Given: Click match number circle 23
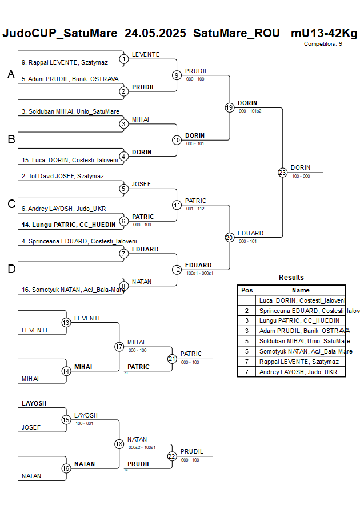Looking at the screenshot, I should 282,172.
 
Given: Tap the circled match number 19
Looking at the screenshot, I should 230,107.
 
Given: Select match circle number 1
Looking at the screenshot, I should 124,58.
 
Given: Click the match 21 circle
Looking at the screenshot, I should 172,358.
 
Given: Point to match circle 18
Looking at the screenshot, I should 119,444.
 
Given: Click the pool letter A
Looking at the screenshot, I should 11,74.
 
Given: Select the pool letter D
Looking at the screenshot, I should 11,269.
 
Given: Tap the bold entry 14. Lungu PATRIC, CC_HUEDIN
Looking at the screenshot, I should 68,225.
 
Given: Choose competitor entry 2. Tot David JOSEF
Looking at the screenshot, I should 62,176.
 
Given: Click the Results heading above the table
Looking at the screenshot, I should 291,278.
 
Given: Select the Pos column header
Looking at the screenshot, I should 247,290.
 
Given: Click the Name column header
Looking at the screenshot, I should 301,290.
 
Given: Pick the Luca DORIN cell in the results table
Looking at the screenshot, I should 302,300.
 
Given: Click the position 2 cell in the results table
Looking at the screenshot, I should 247,310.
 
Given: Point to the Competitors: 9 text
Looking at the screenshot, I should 323,43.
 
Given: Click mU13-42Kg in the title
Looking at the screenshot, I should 323,33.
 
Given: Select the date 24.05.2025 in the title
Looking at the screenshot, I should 155,33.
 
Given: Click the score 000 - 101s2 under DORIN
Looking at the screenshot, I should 250,111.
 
